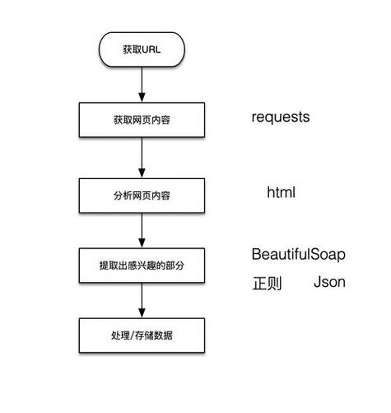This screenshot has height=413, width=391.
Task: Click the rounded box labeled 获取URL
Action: click(x=142, y=50)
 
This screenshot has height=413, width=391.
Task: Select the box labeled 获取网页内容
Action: click(x=142, y=120)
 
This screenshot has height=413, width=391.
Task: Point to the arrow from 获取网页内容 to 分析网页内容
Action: click(x=142, y=157)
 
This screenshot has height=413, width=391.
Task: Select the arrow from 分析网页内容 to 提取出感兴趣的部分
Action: click(x=142, y=230)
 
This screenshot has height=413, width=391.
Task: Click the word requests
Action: click(x=281, y=117)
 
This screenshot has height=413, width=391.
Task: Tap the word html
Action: click(x=281, y=193)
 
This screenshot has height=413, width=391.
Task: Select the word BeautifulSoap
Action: click(x=298, y=254)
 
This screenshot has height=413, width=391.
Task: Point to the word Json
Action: click(x=329, y=283)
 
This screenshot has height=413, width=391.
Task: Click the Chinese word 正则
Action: click(x=267, y=284)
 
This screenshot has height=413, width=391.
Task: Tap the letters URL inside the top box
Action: click(x=151, y=50)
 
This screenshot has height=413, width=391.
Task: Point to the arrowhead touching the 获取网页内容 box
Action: click(x=142, y=99)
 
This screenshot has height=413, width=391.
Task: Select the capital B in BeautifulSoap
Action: click(x=256, y=254)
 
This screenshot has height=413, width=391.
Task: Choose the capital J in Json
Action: click(x=317, y=283)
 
